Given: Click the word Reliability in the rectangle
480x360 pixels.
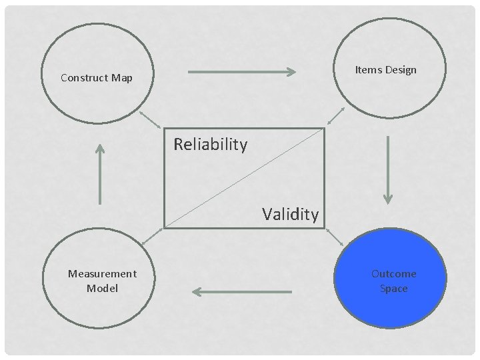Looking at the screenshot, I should point(210,144).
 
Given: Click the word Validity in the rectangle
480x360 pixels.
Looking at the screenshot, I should point(290,214).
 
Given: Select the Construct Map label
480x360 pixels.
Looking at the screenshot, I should point(97,78).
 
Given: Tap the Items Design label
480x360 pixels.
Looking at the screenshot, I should point(385,70).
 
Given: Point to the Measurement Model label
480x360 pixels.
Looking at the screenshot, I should point(102,281).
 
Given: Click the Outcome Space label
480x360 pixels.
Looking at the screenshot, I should point(393,281).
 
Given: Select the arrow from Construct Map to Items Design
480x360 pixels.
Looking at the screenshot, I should point(242,72).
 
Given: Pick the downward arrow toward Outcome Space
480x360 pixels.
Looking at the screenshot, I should point(388,170).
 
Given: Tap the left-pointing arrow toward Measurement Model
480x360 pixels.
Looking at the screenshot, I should point(241,291).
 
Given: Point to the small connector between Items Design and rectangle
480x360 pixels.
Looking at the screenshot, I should point(335,116).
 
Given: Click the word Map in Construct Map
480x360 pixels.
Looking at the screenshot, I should point(122,78).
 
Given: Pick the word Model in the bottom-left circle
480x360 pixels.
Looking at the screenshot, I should point(102,289).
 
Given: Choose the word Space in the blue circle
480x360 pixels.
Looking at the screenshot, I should point(393,289).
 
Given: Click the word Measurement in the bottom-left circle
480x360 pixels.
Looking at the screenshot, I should point(102,273).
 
